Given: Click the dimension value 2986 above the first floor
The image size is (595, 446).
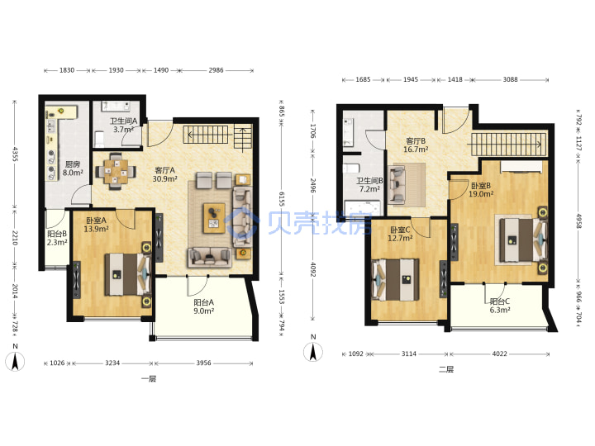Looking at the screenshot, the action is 216,70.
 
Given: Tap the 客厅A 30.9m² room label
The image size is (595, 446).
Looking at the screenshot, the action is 164,174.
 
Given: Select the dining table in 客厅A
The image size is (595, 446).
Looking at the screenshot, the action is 116,172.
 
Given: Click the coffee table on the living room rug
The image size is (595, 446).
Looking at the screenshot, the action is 214,218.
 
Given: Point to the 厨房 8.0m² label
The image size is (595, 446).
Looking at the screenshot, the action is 73,168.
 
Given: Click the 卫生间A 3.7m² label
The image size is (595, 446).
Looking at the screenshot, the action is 123,126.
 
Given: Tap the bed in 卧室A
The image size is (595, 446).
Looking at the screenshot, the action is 127,274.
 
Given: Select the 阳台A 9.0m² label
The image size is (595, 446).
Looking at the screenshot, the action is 204,306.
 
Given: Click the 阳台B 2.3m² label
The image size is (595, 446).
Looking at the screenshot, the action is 57,238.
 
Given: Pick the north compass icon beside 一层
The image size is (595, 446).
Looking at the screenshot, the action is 15,361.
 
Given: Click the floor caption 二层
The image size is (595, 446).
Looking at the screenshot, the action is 446,369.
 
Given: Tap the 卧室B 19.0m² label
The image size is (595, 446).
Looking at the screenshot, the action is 481,190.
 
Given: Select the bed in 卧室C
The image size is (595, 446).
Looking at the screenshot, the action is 395,279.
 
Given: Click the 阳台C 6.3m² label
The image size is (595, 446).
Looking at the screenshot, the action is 500,306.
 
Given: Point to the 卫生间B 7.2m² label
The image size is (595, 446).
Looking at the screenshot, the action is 369,185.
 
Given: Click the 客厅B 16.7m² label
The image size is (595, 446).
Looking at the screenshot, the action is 416,145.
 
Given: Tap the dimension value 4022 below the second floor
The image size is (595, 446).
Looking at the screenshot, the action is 499,353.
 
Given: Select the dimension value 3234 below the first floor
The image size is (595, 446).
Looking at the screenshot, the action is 112,363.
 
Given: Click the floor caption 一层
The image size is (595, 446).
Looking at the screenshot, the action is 149,378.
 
